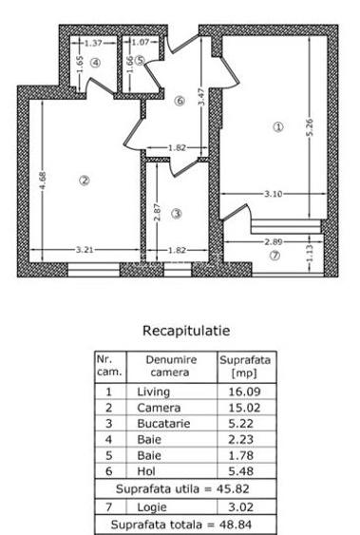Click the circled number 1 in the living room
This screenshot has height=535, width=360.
tap(278, 128)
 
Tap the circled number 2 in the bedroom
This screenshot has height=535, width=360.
tap(84, 182)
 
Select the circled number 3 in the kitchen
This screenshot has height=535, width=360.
tap(176, 214)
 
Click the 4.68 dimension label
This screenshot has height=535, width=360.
tap(44, 180)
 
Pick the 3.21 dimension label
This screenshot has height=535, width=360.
tap(84, 250)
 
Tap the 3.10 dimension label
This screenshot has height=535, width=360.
tap(273, 195)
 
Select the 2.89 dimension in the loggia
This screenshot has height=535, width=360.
tap(275, 241)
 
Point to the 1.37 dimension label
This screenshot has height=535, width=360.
tap(93, 43)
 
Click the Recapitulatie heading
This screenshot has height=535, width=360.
tap(185, 331)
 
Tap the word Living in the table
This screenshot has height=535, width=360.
tap(154, 391)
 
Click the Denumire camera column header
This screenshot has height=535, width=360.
tap(171, 366)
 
